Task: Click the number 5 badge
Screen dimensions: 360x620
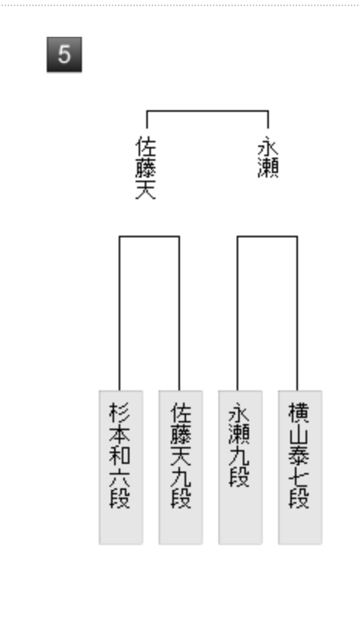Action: pos(64,54)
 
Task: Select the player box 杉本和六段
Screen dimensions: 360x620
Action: pos(121,468)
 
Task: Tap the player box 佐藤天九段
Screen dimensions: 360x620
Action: pos(181,468)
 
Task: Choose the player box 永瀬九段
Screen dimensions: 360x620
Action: pos(241,468)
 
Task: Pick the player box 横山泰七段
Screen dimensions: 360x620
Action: pos(299,468)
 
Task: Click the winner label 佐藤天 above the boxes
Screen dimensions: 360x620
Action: pos(146,168)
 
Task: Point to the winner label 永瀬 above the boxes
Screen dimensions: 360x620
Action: pos(268,158)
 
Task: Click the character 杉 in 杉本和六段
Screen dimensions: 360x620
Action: pos(119,413)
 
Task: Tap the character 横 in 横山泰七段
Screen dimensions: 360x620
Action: pos(299,413)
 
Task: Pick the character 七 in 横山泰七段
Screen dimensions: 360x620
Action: pos(299,476)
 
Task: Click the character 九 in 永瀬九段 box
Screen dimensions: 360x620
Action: pos(239,455)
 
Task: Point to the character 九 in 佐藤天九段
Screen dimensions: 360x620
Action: pos(181,476)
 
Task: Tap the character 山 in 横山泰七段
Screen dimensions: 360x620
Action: pos(299,434)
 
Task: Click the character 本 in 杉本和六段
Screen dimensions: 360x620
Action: pos(119,434)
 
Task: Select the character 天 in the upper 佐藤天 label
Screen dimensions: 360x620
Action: pos(146,190)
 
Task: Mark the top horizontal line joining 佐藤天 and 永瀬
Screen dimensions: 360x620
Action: pos(208,111)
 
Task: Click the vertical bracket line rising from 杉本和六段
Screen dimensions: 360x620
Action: pos(119,313)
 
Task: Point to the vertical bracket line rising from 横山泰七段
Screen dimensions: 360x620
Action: pos(297,313)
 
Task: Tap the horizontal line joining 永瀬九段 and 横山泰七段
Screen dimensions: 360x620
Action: pos(267,237)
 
